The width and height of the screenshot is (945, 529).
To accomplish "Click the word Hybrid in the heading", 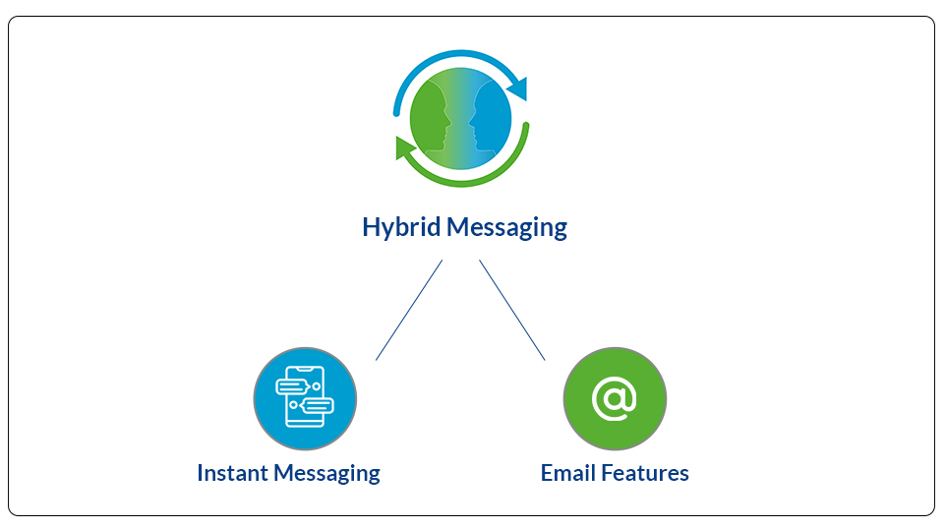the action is [401, 228].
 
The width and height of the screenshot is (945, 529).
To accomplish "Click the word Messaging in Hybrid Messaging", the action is [506, 228].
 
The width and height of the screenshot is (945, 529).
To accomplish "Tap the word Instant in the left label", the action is [233, 473].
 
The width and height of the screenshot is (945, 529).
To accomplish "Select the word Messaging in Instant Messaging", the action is [326, 474].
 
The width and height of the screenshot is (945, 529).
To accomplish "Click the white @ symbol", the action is [615, 398].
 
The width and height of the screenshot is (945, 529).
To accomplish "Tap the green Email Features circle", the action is [615, 398].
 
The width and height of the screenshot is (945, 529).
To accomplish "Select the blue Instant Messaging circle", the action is [305, 398].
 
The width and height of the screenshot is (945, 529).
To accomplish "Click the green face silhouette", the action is [431, 116].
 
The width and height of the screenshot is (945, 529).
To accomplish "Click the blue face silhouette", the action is [491, 116].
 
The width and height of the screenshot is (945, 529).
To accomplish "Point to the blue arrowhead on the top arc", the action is [518, 88].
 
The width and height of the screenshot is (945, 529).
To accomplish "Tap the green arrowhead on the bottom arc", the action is [405, 148].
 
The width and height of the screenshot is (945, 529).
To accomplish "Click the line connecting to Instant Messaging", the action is [409, 311].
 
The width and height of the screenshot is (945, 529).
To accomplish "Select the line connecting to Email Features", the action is [511, 311].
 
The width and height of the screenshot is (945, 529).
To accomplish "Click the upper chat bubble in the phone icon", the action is [292, 386].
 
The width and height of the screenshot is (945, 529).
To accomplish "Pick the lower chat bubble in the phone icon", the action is [317, 405].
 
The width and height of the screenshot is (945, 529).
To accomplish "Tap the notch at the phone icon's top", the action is [305, 370].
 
